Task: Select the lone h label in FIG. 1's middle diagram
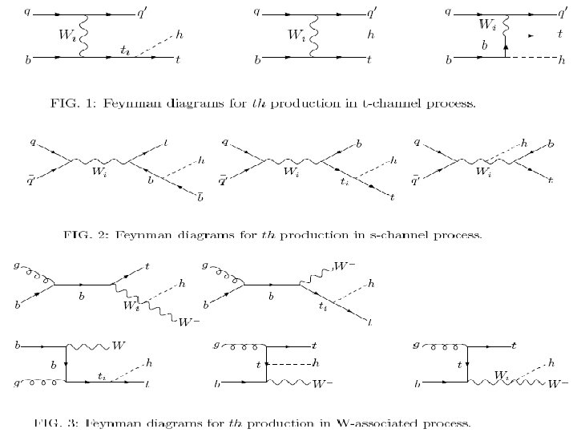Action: [x=371, y=34]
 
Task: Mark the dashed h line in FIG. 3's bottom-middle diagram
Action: [x=291, y=363]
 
